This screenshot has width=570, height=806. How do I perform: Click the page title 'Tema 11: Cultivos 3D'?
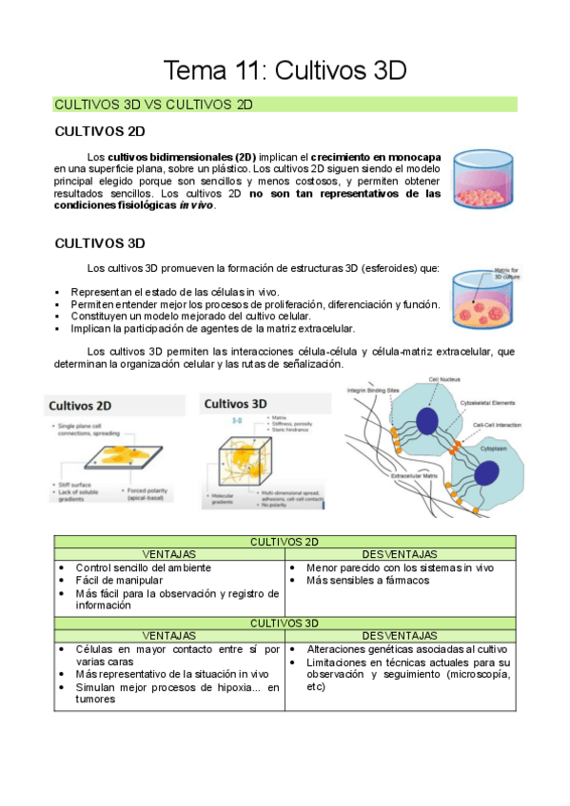285,70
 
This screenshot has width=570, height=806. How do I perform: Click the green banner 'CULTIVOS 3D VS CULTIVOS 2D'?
153,105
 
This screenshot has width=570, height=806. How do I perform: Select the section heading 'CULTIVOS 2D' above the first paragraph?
100,131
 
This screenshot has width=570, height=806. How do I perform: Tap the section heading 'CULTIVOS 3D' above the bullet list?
100,243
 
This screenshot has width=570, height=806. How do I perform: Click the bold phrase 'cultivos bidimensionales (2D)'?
181,156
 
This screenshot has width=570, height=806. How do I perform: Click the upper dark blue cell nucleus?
426,420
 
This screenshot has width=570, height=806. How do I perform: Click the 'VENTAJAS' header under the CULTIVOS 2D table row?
168,554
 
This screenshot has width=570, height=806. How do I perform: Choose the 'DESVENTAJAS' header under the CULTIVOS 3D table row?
400,636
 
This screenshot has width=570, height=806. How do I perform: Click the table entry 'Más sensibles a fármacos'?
368,581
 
